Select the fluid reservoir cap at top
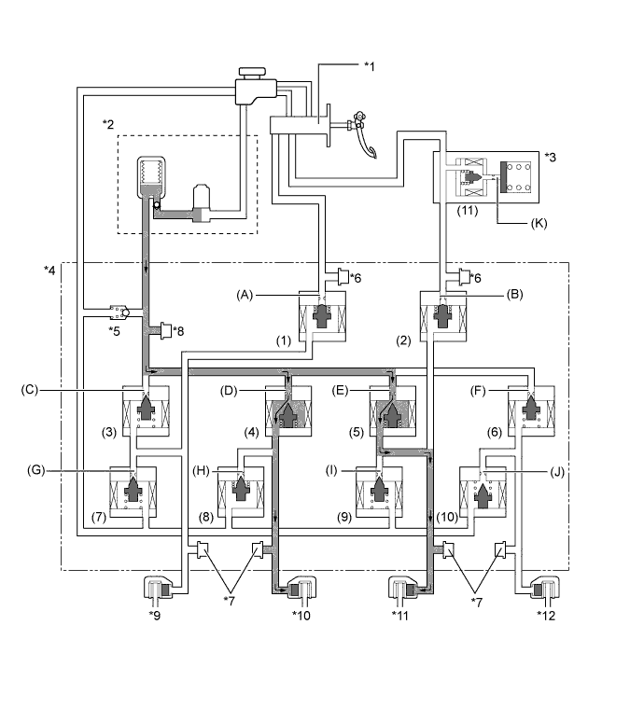253,73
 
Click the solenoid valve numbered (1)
321,317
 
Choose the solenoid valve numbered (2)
444,317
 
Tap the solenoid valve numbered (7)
133,491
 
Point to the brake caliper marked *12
547,590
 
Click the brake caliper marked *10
302,590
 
